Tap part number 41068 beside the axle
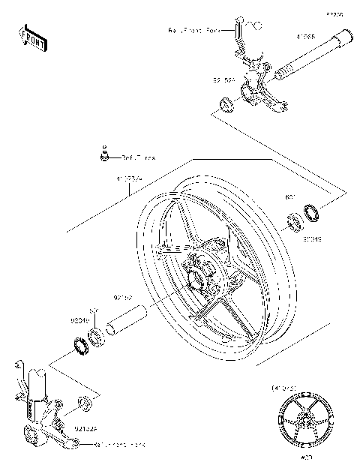(305, 35)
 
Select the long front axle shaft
(311, 56)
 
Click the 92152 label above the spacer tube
(123, 297)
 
